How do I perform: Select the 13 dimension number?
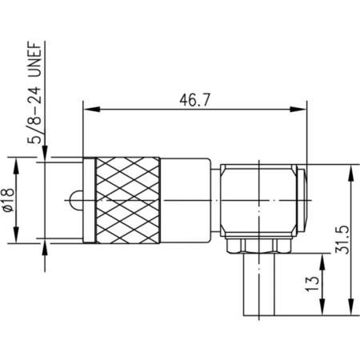click(314, 281)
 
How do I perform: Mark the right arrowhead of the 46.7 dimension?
click(302, 110)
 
